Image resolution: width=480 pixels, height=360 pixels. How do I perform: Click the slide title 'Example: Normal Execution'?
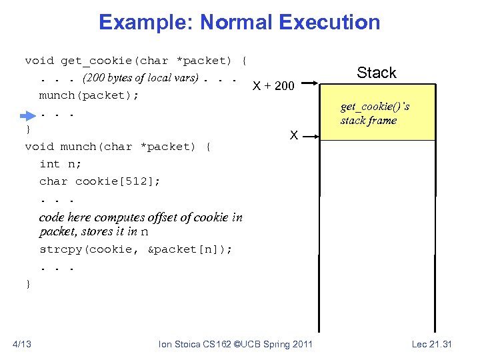(239, 23)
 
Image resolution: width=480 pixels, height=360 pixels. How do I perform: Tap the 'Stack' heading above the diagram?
(376, 73)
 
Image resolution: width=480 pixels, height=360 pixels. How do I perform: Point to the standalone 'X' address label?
(293, 135)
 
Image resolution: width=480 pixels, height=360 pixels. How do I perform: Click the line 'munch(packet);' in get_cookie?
(89, 95)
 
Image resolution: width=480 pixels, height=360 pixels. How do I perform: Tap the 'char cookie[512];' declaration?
(99, 181)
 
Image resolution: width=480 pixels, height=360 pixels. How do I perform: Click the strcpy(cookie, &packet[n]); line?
(135, 249)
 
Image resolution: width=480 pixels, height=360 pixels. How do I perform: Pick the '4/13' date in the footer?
(23, 344)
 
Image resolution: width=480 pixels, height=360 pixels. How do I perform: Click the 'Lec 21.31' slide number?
(431, 344)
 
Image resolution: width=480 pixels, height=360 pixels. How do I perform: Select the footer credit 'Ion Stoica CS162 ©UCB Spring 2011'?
(236, 344)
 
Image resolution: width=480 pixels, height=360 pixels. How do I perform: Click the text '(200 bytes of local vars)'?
(140, 78)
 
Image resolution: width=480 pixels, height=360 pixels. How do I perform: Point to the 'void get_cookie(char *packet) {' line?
(136, 61)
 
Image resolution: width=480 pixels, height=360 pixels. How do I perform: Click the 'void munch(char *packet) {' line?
(118, 147)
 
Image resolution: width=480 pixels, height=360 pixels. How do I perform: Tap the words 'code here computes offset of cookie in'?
(141, 217)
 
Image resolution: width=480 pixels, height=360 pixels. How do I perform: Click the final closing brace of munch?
(28, 284)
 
